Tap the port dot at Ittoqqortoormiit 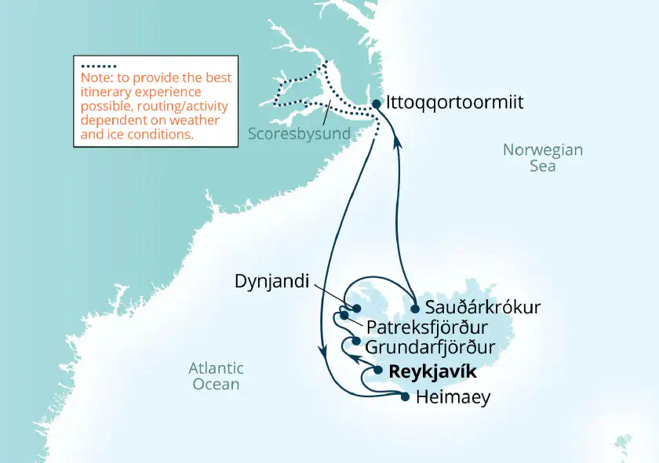pyautogui.click(x=377, y=103)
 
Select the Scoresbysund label pyautogui.click(x=299, y=134)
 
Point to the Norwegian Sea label pyautogui.click(x=543, y=157)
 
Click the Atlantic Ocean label pyautogui.click(x=216, y=376)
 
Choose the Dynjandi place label pyautogui.click(x=272, y=280)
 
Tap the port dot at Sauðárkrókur pyautogui.click(x=415, y=309)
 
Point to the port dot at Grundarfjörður pyautogui.click(x=357, y=342)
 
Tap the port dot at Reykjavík pyautogui.click(x=378, y=371)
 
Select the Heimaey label pyautogui.click(x=453, y=397)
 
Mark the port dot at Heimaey pyautogui.click(x=405, y=397)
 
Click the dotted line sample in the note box pyautogui.click(x=96, y=66)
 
